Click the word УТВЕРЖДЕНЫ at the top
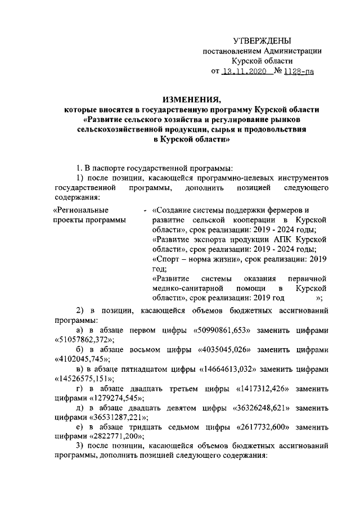(x=262, y=41)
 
